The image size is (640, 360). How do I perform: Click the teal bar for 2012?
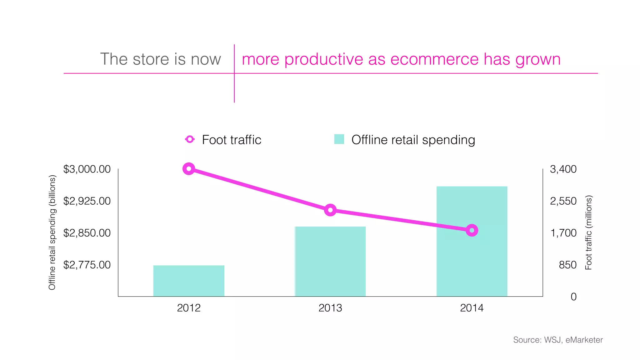[x=189, y=281]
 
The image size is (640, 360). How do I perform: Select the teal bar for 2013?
[x=330, y=261]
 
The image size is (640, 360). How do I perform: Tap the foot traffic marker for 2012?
[x=189, y=169]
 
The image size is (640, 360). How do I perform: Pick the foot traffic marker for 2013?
[x=330, y=210]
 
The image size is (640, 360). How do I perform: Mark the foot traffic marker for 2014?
[x=472, y=231]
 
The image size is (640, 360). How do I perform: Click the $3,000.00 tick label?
[x=87, y=169]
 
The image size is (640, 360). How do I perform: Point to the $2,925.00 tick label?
[x=87, y=201]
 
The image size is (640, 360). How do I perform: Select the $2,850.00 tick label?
[x=87, y=233]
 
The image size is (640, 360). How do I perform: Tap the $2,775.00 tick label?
[x=87, y=265]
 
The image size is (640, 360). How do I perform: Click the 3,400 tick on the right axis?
[x=563, y=169]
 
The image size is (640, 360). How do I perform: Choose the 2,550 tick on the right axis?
[x=563, y=201]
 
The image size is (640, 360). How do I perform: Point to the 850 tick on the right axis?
[x=567, y=265]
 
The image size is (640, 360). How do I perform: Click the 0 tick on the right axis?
[x=573, y=297]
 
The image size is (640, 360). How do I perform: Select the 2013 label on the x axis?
[x=330, y=308]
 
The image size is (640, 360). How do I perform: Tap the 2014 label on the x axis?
[x=472, y=308]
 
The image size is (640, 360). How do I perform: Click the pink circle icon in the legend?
[x=190, y=139]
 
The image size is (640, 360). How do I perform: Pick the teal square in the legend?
[x=339, y=139]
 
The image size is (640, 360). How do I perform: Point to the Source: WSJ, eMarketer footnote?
[x=558, y=340]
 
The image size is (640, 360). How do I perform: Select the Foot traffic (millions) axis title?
[x=588, y=232]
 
